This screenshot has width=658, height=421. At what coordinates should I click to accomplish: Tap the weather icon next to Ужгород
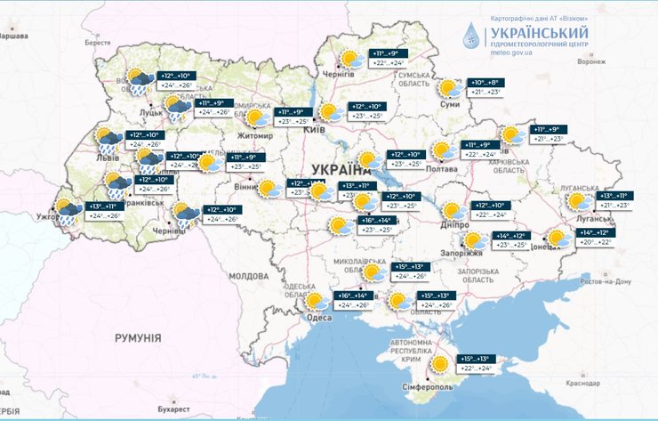tap(68, 213)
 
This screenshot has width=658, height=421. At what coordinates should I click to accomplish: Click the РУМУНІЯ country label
tap(138, 337)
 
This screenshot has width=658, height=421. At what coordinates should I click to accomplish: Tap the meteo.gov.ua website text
tap(510, 53)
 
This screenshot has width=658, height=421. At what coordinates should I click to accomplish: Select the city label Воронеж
tap(590, 61)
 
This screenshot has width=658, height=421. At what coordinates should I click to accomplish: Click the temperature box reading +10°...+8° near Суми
tap(485, 87)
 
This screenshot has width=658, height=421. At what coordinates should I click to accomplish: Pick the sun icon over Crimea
tap(439, 364)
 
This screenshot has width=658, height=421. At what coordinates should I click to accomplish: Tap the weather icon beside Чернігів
tap(349, 60)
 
